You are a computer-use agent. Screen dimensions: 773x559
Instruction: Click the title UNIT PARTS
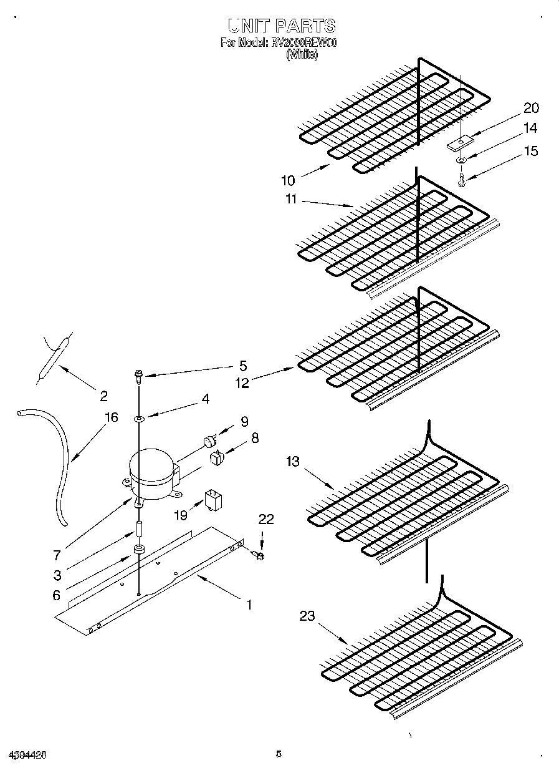click(x=281, y=26)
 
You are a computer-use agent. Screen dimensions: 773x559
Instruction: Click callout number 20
click(x=530, y=108)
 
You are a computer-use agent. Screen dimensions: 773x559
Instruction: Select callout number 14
click(x=530, y=129)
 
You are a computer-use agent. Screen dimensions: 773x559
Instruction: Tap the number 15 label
click(x=530, y=151)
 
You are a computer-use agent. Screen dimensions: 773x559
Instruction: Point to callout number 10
click(x=287, y=181)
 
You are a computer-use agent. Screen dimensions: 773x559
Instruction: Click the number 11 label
click(x=292, y=200)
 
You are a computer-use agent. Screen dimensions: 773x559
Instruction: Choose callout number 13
click(x=293, y=462)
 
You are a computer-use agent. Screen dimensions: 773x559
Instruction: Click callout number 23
click(x=307, y=616)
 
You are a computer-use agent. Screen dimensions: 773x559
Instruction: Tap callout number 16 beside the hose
click(x=111, y=417)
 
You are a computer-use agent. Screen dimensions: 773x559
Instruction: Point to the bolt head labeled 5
click(x=138, y=374)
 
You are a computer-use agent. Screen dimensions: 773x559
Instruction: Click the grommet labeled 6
click(x=138, y=550)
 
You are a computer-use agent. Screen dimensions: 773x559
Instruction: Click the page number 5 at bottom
click(x=279, y=754)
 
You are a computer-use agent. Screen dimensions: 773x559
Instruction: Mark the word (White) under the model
click(x=302, y=54)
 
